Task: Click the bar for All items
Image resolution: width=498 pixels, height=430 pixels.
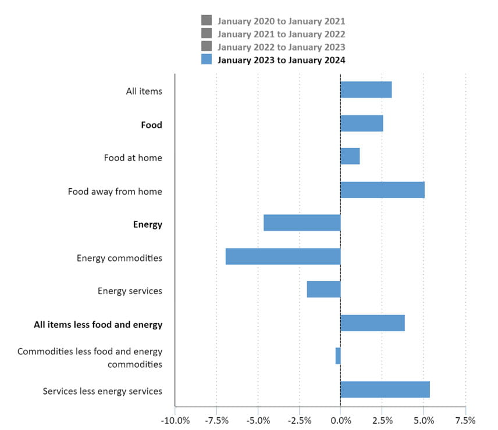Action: point(366,89)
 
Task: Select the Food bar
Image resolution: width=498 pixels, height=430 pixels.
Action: point(362,123)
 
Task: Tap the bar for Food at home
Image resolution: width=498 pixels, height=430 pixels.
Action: point(350,156)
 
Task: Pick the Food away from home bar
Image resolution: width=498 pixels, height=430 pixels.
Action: point(382,190)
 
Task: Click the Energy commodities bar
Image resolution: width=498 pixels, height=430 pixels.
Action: point(283,256)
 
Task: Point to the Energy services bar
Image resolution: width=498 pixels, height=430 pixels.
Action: point(323,289)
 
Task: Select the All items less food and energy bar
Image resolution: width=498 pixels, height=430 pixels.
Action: point(372,323)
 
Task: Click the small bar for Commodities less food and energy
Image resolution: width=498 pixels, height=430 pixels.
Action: point(338,356)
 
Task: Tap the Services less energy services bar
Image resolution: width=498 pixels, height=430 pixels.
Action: point(385,389)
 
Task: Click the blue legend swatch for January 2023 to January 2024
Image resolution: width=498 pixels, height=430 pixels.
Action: point(207,59)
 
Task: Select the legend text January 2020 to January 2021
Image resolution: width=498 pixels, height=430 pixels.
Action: point(282,21)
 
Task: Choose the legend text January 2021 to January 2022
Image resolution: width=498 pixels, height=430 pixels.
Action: point(282,34)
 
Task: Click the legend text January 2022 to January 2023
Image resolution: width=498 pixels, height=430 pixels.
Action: point(282,47)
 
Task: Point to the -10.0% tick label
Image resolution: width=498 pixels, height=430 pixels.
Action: point(175,421)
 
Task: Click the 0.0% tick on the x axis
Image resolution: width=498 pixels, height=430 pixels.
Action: point(341,421)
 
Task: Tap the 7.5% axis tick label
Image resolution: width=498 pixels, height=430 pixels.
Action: point(465,421)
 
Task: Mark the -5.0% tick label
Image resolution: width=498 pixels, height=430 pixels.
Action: point(258,421)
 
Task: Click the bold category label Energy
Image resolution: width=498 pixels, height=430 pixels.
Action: point(148,225)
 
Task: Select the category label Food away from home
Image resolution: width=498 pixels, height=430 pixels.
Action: point(115,192)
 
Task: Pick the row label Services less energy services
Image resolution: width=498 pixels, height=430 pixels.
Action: point(102,391)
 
